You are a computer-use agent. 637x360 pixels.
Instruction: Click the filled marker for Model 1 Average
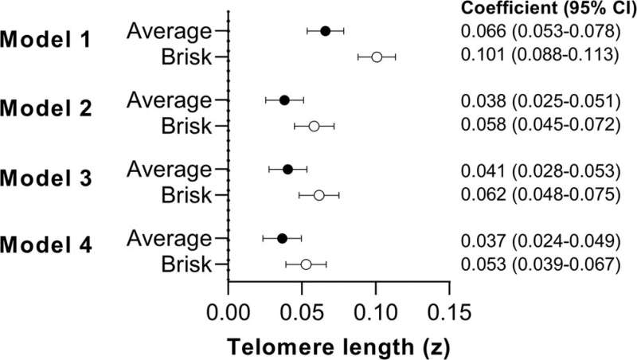325,31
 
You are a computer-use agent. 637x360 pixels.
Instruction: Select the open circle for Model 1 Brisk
377,57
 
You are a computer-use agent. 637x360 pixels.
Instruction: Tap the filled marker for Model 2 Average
284,100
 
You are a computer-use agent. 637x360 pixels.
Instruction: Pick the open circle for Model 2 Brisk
314,126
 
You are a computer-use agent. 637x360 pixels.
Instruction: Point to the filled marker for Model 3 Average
287,169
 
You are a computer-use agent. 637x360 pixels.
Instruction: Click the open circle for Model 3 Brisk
318,195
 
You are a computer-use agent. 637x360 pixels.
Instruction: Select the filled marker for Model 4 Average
282,238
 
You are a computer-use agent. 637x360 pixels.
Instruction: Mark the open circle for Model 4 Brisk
306,264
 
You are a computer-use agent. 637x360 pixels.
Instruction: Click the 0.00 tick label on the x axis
228,311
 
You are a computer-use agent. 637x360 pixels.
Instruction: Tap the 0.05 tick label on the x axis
302,311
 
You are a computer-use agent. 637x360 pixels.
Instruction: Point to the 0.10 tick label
376,311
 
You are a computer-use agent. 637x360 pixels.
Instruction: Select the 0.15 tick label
450,311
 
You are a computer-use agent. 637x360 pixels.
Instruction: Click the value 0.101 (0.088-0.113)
540,56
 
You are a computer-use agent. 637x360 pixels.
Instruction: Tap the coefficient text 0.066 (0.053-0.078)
540,31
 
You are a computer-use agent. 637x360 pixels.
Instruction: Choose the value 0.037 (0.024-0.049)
540,238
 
